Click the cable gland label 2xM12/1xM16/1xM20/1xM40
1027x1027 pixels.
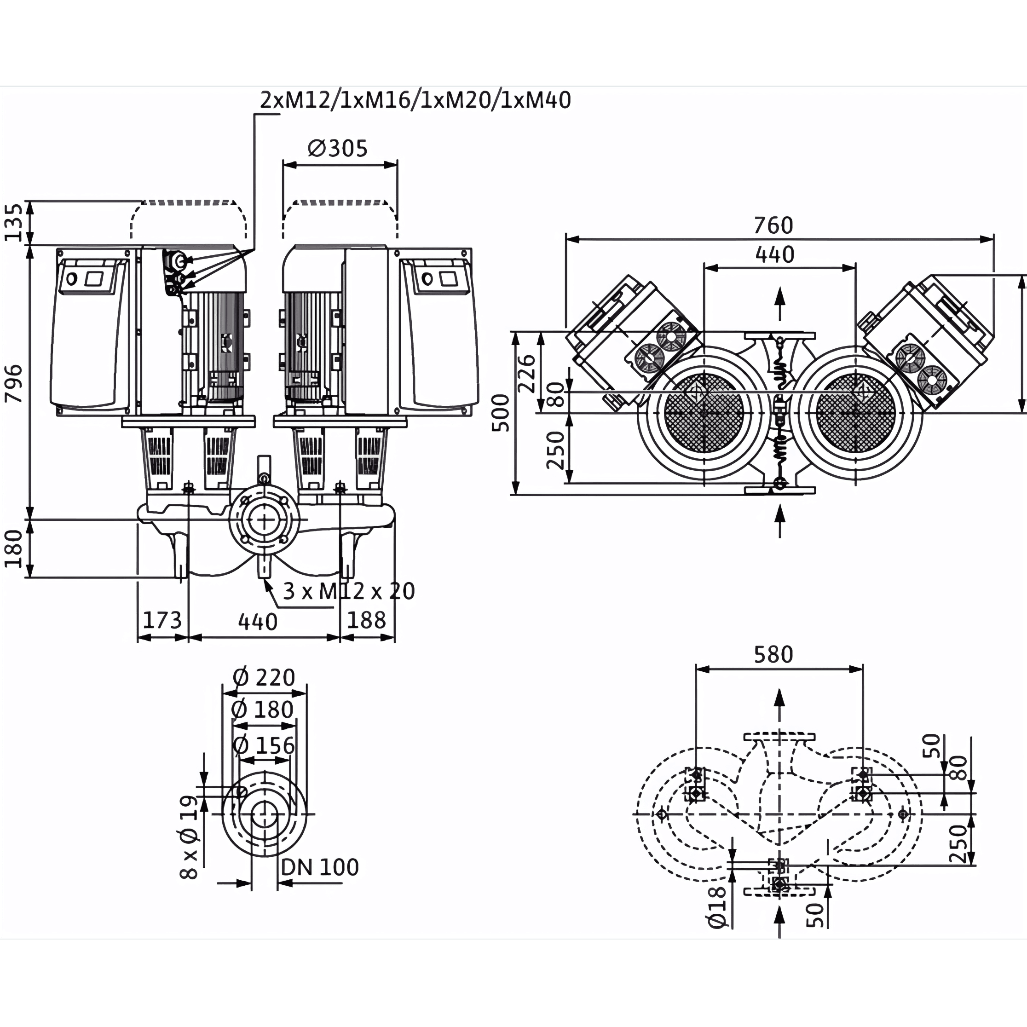(x=415, y=100)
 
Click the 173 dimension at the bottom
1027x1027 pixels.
(x=163, y=620)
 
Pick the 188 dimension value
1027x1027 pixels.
(x=367, y=620)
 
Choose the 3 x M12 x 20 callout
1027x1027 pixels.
(x=349, y=591)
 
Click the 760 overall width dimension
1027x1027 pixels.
(x=773, y=225)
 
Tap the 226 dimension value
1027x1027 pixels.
(x=526, y=373)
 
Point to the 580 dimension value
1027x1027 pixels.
(x=773, y=654)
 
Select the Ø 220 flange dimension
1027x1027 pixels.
(x=264, y=678)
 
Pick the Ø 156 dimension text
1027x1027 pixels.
(x=264, y=746)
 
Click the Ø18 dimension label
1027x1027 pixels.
(x=718, y=907)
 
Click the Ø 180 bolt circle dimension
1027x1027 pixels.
(x=263, y=710)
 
